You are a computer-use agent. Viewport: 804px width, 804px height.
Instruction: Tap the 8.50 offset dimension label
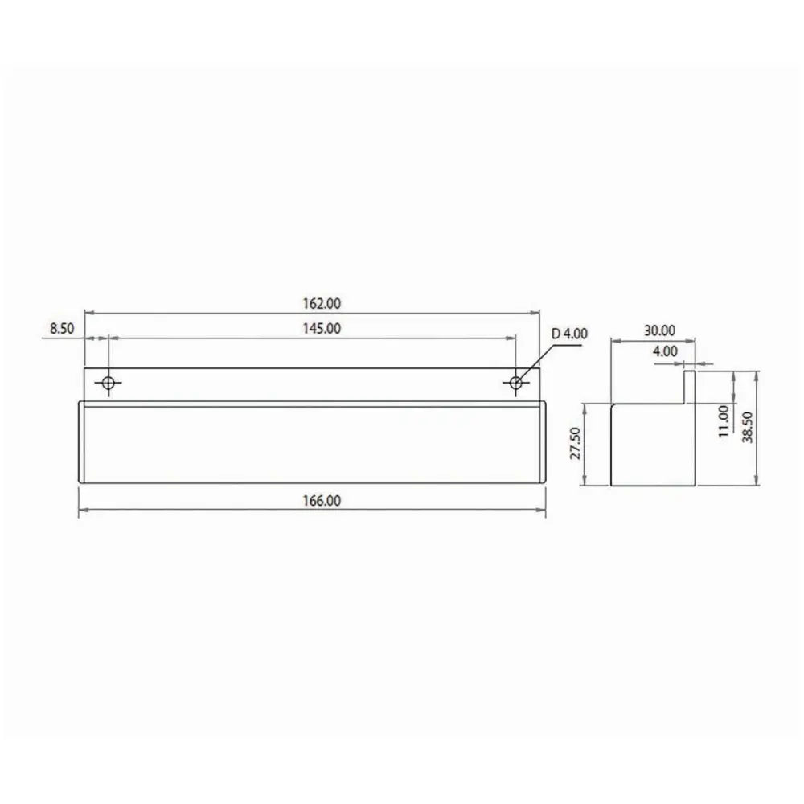click(62, 328)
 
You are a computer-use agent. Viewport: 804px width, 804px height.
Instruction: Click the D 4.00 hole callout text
click(569, 333)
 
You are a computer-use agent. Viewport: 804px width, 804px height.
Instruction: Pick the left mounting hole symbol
click(108, 384)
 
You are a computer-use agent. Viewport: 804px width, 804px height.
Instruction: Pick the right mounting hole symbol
click(516, 384)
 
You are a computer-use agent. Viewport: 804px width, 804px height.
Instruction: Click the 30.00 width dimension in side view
click(659, 330)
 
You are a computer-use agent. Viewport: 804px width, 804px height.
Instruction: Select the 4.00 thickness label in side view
click(665, 351)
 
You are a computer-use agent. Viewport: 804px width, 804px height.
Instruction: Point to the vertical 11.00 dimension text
click(724, 420)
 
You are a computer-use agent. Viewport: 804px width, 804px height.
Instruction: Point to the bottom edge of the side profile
click(652, 486)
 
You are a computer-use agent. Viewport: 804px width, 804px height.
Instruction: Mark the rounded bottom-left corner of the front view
click(80, 480)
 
